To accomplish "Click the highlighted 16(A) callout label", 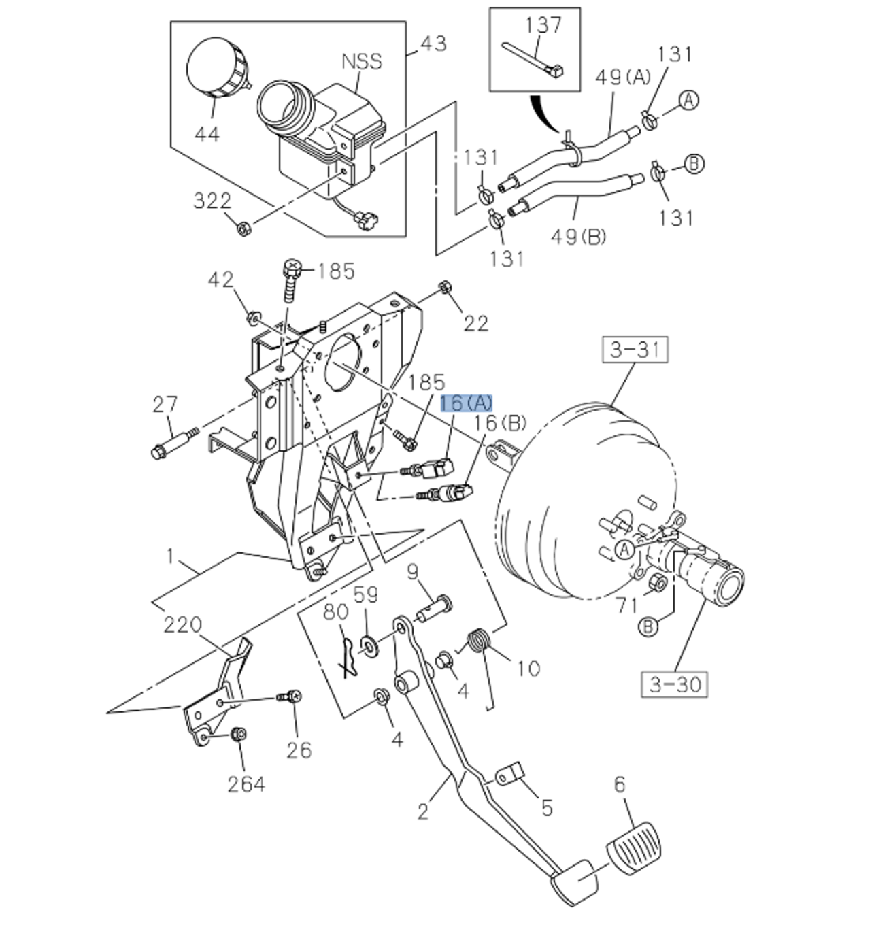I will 466,403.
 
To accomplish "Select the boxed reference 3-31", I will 635,350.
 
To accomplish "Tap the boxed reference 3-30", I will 675,684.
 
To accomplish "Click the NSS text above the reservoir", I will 362,61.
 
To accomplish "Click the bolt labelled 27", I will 173,442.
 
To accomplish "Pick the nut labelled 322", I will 241,227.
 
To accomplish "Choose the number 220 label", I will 182,624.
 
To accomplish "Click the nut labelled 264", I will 239,735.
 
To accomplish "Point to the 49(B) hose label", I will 577,236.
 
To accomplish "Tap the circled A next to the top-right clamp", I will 689,101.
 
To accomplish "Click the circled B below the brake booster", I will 650,626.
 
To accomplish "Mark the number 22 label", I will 476,323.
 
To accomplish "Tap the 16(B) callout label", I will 500,423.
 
